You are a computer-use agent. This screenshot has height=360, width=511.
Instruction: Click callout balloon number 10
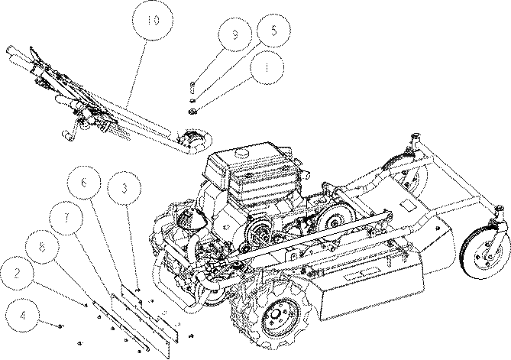click(153, 20)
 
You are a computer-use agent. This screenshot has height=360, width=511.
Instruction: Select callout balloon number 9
click(235, 34)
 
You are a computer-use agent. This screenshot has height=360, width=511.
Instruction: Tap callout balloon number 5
click(273, 31)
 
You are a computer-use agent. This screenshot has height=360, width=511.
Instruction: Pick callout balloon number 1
click(267, 67)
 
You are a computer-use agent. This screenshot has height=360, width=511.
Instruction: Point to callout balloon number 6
click(83, 183)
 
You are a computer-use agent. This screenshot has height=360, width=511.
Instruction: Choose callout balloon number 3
click(125, 189)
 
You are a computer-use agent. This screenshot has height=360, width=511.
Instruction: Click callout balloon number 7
click(66, 218)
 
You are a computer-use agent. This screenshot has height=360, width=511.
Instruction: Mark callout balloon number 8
click(42, 247)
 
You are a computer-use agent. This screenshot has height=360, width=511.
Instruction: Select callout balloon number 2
click(17, 274)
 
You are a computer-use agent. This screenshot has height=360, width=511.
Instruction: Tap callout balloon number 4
click(22, 316)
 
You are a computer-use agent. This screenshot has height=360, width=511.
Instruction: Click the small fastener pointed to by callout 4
click(60, 326)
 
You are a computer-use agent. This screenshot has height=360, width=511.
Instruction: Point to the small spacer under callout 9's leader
click(192, 87)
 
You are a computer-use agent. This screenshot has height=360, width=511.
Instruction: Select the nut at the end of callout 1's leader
click(192, 111)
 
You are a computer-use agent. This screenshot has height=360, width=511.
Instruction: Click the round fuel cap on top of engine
click(241, 152)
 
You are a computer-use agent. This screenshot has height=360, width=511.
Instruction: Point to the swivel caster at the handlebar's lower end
click(193, 141)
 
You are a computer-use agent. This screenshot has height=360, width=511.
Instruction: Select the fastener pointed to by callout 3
click(137, 290)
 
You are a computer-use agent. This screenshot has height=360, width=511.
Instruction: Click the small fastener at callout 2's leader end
click(86, 306)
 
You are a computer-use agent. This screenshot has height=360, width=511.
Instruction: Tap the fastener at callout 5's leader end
click(192, 100)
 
